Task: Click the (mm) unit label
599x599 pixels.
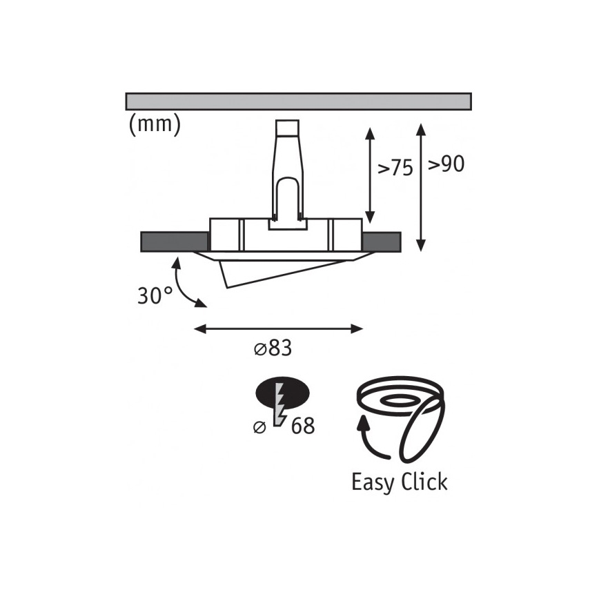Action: click(x=155, y=125)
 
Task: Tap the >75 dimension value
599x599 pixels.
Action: click(x=395, y=168)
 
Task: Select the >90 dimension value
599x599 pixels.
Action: click(x=446, y=164)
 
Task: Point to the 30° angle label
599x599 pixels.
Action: click(x=155, y=295)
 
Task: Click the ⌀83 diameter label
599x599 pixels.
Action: click(x=273, y=348)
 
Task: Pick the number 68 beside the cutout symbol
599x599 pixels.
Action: click(x=303, y=426)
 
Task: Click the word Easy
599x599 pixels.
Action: click(x=373, y=483)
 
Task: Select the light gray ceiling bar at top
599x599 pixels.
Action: click(x=298, y=101)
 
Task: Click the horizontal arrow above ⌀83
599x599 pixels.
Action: click(x=279, y=328)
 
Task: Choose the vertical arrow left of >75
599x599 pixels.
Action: click(x=370, y=175)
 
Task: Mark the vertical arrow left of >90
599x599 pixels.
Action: click(x=420, y=187)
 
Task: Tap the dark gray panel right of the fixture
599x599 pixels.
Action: click(x=381, y=242)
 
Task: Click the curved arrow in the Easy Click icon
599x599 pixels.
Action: click(x=370, y=440)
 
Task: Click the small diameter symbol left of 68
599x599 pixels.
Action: click(x=259, y=426)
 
